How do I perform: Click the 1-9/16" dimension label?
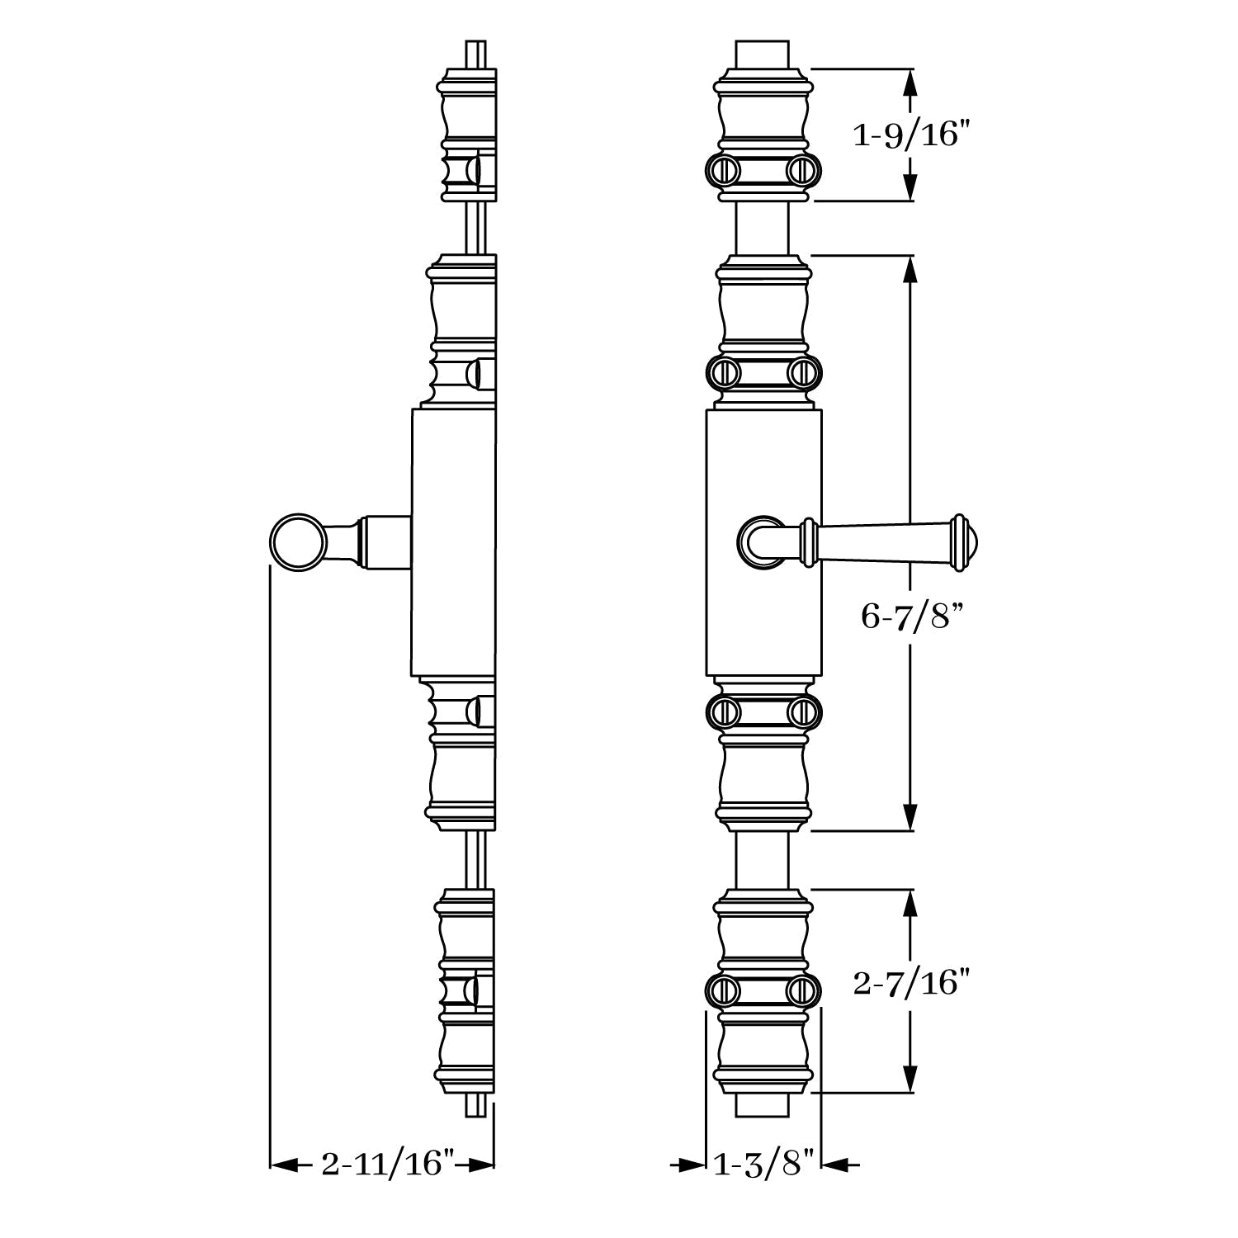[x=909, y=135]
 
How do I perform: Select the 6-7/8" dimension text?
[x=912, y=615]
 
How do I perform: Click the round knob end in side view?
[x=298, y=541]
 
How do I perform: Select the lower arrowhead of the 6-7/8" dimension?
[x=910, y=817]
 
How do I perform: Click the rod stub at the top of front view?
[x=763, y=54]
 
